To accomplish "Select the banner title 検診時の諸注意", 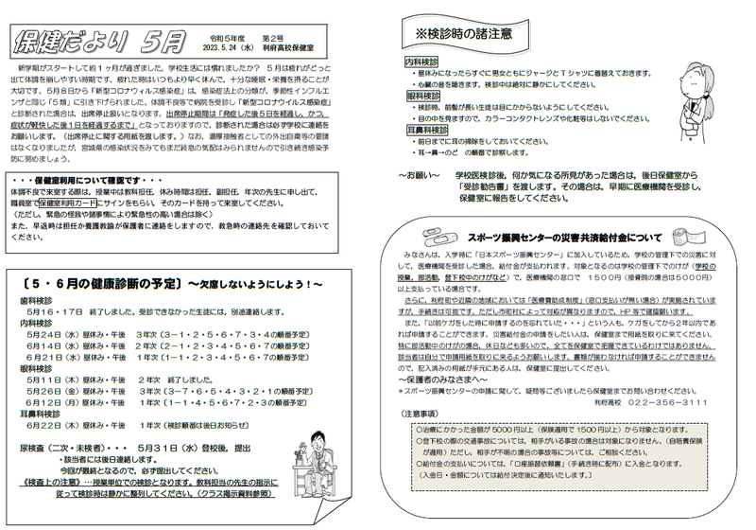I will tap(464, 35).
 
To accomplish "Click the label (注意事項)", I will tap(421, 415).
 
